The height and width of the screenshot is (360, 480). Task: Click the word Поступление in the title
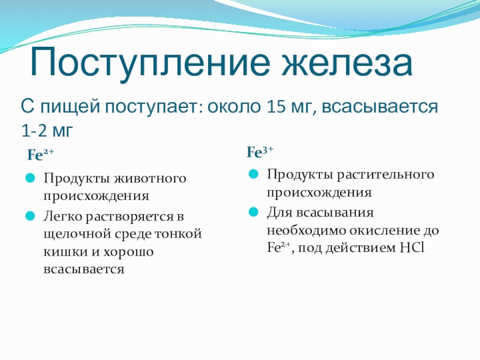[151, 63]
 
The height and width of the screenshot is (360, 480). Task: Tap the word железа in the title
[347, 62]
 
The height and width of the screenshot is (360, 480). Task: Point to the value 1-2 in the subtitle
[34, 130]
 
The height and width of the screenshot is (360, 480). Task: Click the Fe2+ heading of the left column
[40, 155]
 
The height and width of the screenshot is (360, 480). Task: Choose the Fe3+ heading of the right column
[260, 152]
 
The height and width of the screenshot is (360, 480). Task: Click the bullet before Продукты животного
[31, 178]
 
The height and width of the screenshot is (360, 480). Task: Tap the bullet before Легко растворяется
[31, 216]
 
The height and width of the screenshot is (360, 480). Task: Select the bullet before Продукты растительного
[253, 174]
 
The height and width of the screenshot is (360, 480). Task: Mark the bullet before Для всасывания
[253, 212]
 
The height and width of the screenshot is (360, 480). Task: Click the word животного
[150, 178]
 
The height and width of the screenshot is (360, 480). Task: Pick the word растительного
[385, 175]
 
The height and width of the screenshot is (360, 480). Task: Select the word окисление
[384, 230]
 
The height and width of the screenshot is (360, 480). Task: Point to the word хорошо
[128, 252]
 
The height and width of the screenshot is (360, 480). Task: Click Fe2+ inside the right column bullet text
[278, 247]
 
